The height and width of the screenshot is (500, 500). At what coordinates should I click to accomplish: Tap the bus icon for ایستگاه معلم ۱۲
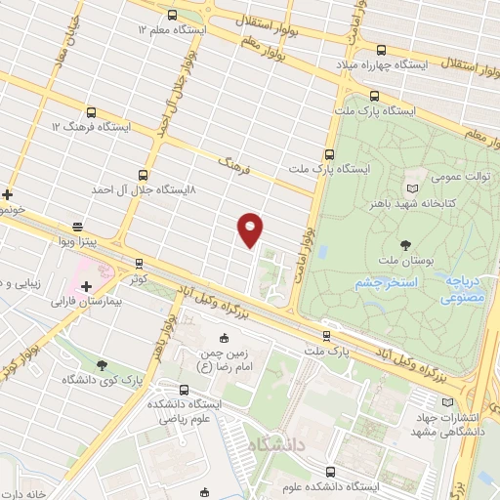[x=173, y=15]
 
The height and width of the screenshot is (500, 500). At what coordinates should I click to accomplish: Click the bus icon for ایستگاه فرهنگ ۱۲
[x=91, y=112]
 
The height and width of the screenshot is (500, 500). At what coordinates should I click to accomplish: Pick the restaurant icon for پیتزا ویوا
[x=77, y=225]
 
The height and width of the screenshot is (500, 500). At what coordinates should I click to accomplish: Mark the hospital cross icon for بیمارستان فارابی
[x=87, y=287]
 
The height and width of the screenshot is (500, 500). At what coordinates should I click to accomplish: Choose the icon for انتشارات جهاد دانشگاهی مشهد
[x=447, y=401]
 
